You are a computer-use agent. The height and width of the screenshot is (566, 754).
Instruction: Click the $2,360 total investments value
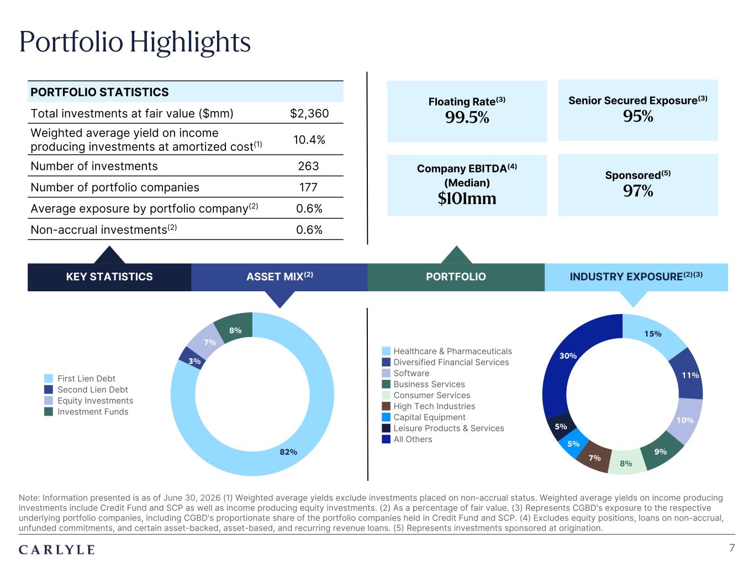tap(309, 113)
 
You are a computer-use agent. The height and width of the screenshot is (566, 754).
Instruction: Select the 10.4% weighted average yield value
tap(309, 139)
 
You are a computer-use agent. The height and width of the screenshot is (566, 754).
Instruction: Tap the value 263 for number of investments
tap(308, 166)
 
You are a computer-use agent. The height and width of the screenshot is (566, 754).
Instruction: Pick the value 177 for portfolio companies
tap(308, 187)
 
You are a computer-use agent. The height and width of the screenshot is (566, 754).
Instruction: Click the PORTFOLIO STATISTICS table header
tap(99, 92)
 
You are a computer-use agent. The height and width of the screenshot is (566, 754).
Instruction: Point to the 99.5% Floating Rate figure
tap(467, 117)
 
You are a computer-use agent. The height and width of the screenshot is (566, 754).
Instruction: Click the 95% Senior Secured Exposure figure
tap(638, 116)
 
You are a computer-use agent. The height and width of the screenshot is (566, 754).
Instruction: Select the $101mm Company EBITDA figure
tap(467, 198)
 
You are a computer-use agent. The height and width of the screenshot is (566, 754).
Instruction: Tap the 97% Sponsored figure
tap(638, 191)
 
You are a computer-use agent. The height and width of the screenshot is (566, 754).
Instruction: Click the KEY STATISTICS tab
tap(109, 276)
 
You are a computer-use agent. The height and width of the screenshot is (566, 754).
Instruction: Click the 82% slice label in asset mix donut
tap(288, 452)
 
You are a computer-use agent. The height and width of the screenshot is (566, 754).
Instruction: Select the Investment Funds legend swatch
tap(49, 412)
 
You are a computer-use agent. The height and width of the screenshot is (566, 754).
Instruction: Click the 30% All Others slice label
tap(568, 355)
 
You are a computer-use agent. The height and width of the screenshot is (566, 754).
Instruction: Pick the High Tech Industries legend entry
tap(428, 406)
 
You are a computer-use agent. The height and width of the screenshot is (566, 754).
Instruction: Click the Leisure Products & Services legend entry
tap(443, 428)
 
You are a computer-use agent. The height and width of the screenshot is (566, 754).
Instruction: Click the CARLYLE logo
tap(57, 550)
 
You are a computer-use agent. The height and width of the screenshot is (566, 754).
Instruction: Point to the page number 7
tap(732, 548)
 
